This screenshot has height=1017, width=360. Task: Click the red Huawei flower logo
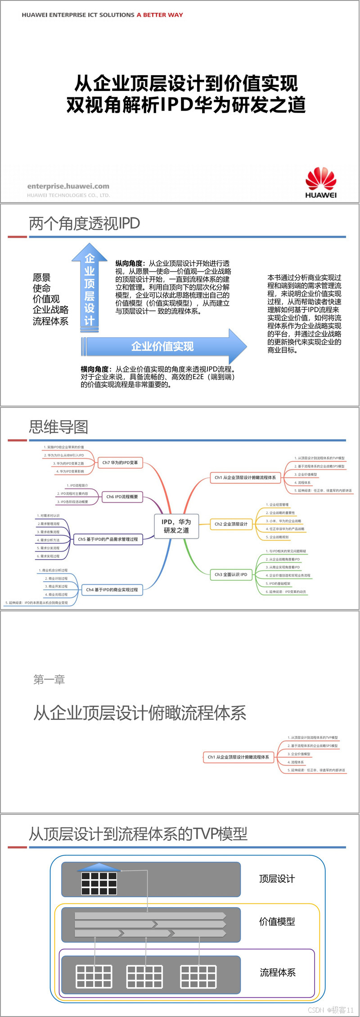click(x=321, y=178)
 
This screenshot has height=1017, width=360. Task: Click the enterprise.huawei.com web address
click(x=68, y=186)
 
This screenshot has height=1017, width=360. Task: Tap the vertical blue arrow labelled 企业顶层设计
click(x=90, y=288)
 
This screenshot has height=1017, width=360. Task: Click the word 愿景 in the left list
click(x=41, y=277)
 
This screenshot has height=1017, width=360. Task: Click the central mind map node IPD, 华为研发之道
click(x=176, y=526)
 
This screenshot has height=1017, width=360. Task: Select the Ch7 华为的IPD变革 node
click(x=120, y=462)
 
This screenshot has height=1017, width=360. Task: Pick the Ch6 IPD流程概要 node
click(x=122, y=497)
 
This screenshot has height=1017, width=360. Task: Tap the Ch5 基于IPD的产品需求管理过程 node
click(x=108, y=539)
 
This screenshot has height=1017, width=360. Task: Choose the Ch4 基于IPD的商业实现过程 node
click(x=112, y=589)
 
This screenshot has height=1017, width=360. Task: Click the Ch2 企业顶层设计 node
click(x=231, y=524)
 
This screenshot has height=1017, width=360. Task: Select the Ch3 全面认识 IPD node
click(x=231, y=574)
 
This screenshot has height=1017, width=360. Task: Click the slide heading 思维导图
click(x=58, y=427)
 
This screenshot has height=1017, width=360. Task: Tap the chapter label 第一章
click(x=49, y=679)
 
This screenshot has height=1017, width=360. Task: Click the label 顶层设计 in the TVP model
click(x=277, y=878)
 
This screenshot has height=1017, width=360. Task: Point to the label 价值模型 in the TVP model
click(x=277, y=921)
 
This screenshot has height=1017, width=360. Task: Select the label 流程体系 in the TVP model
click(x=278, y=972)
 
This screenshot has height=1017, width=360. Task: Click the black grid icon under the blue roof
click(x=99, y=883)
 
